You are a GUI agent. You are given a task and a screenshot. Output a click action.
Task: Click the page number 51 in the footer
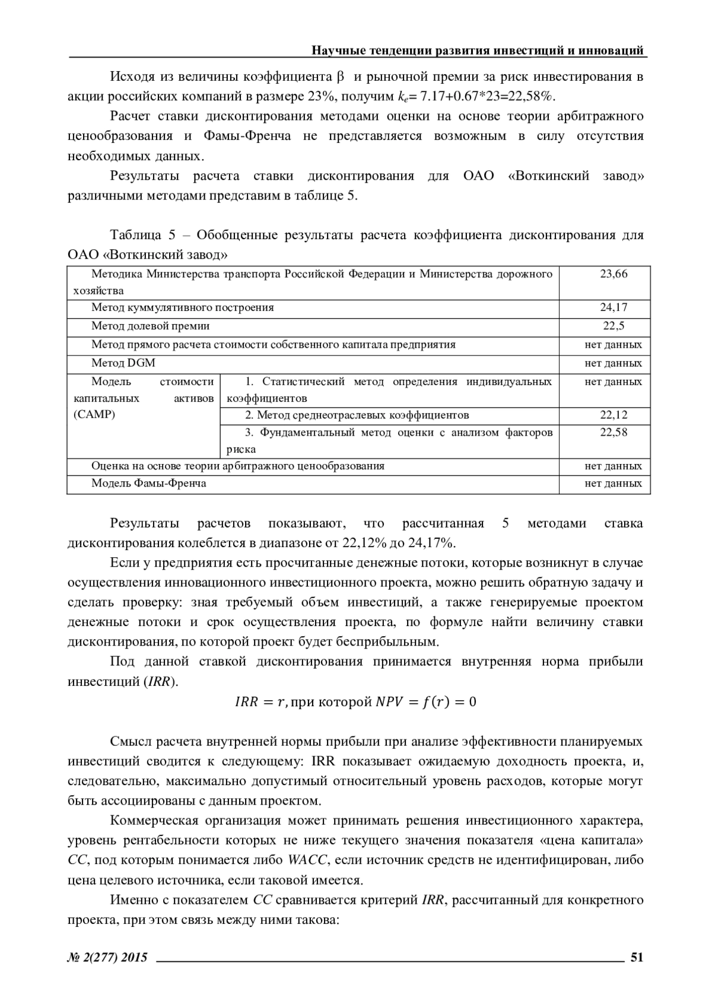(x=637, y=957)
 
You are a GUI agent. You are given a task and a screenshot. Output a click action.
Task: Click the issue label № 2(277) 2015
(x=108, y=957)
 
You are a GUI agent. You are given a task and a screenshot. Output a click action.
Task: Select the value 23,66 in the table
(x=614, y=274)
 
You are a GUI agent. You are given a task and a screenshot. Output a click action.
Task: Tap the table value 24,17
(x=614, y=307)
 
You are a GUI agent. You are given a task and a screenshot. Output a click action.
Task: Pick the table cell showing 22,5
(x=614, y=326)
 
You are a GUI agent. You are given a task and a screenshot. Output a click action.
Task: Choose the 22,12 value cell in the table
(x=614, y=415)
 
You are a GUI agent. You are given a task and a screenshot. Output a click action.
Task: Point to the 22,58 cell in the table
(x=614, y=433)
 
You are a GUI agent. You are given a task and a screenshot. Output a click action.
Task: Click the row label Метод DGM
(x=123, y=363)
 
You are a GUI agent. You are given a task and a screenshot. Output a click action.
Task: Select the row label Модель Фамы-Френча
(x=148, y=484)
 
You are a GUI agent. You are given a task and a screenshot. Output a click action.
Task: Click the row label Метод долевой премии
(x=150, y=326)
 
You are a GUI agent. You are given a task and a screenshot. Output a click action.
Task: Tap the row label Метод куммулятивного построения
(x=182, y=307)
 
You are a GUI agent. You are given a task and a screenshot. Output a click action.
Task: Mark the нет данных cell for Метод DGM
(x=613, y=363)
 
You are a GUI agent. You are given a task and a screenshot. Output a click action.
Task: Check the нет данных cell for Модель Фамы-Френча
(x=613, y=484)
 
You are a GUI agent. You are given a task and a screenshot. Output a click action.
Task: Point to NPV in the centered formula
(x=389, y=703)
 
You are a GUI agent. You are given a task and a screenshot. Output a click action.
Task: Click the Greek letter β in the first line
(x=340, y=77)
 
